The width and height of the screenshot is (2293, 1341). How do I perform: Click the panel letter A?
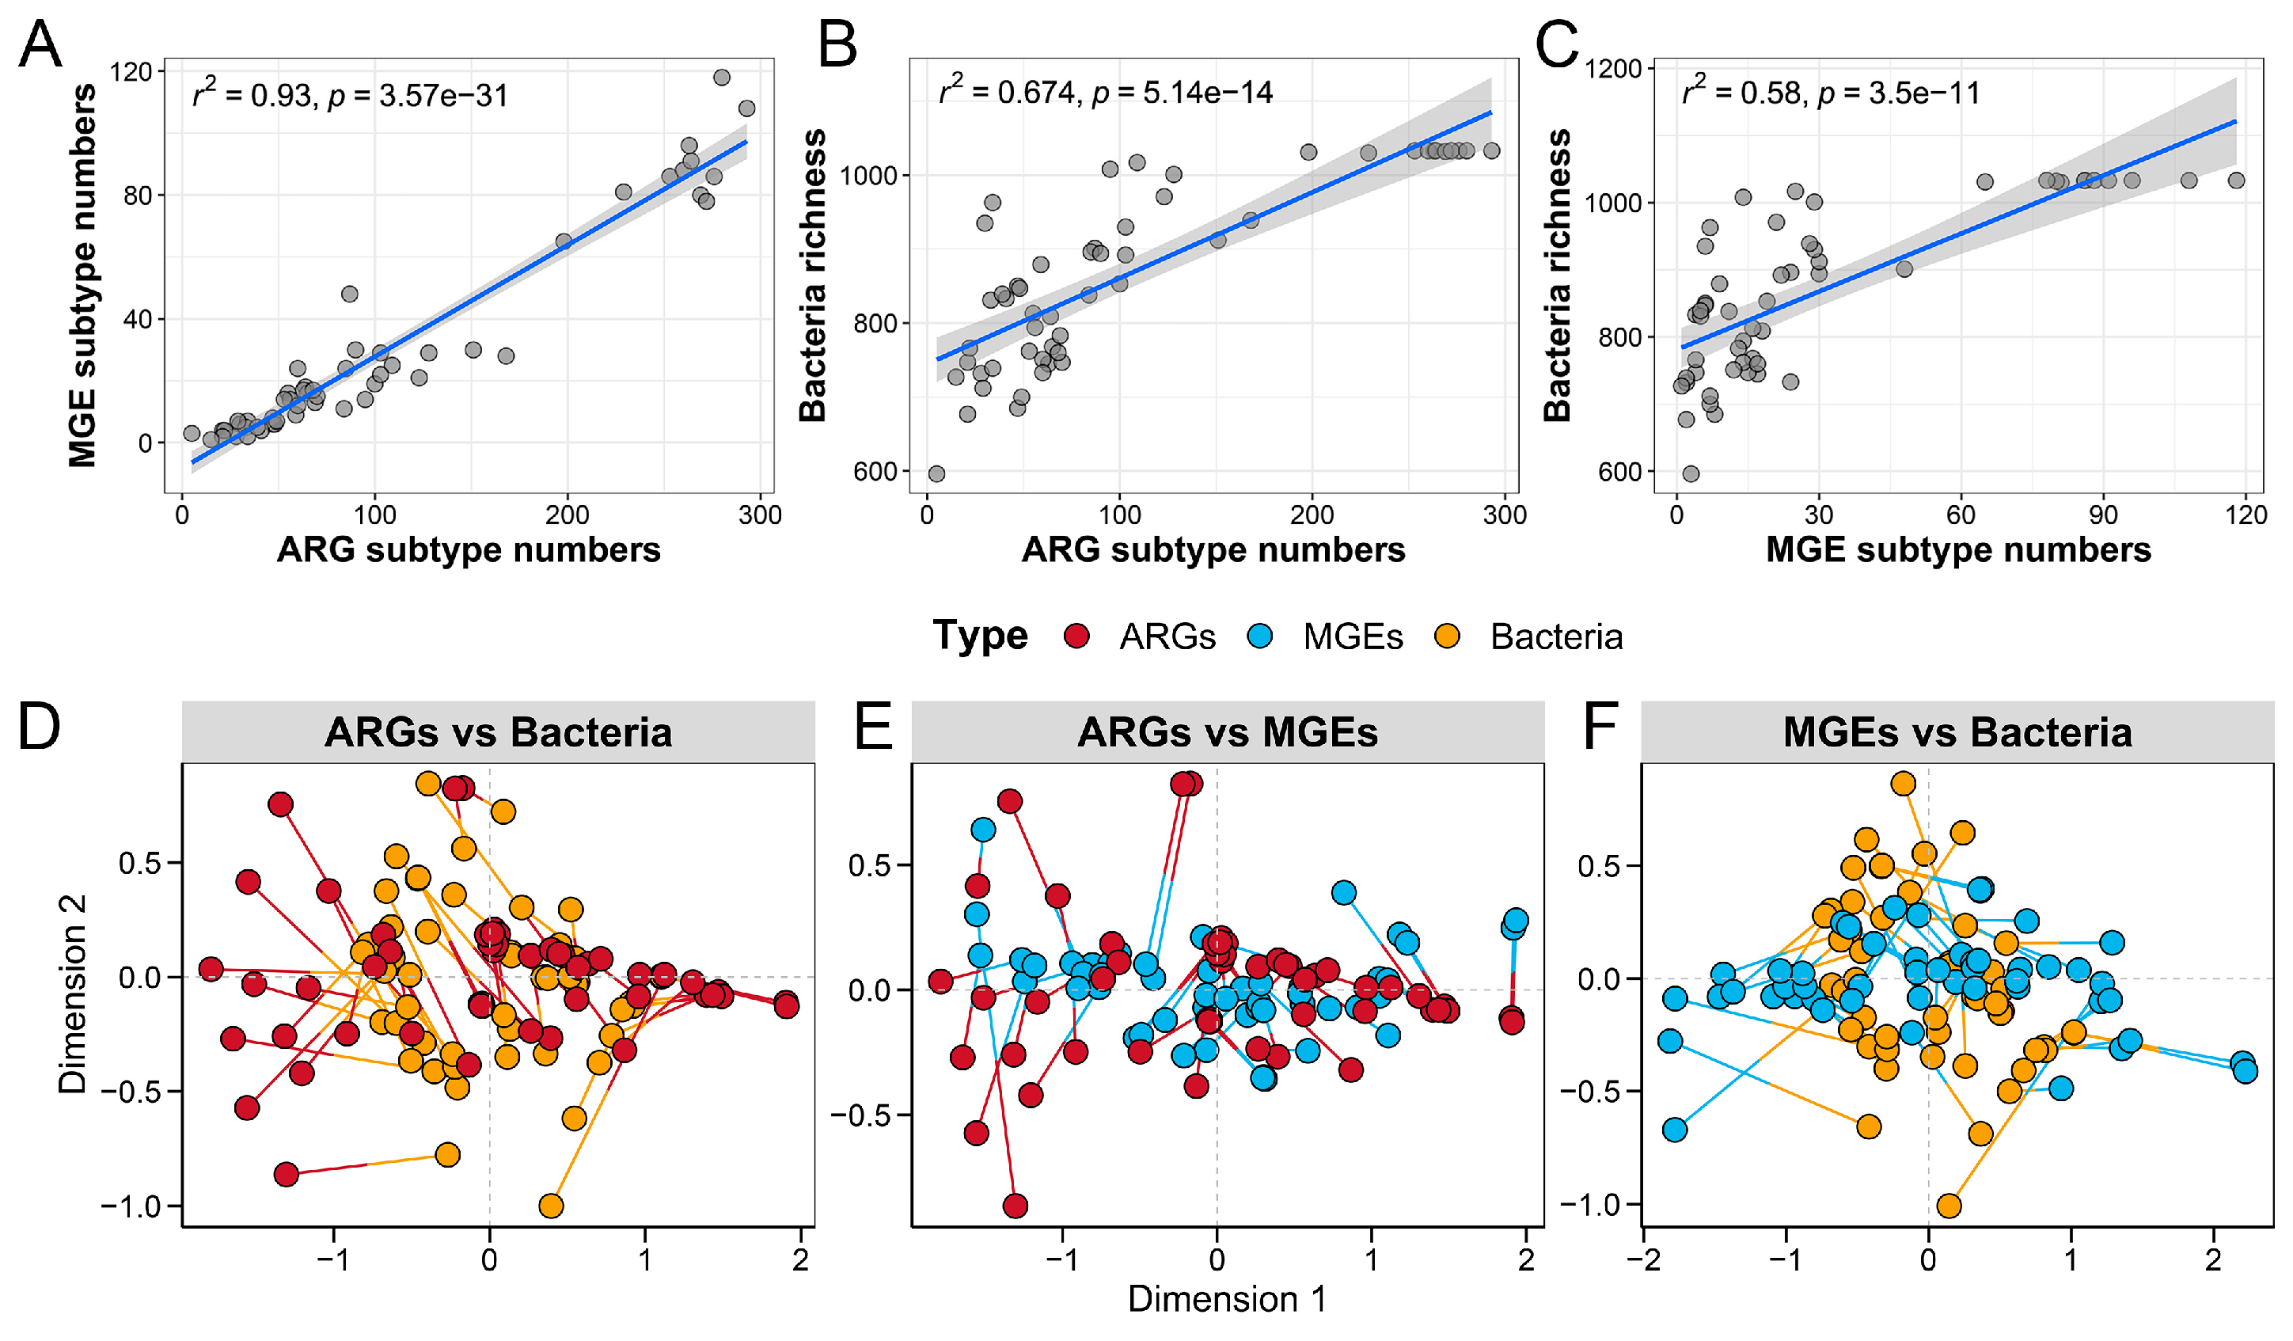pyautogui.click(x=40, y=44)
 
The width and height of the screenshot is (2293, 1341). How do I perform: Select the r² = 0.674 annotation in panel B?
pyautogui.click(x=1106, y=92)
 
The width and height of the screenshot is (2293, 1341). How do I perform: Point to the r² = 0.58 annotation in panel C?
pyautogui.click(x=1831, y=93)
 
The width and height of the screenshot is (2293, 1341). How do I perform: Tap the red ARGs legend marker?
pyautogui.click(x=1077, y=636)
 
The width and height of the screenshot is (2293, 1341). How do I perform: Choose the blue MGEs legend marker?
pyautogui.click(x=1261, y=636)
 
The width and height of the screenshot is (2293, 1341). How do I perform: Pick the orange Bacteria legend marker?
pyautogui.click(x=1447, y=636)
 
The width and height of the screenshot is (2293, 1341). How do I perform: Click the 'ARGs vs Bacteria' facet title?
pyautogui.click(x=498, y=732)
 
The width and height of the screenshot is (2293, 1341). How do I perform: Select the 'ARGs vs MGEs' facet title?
pyautogui.click(x=1228, y=732)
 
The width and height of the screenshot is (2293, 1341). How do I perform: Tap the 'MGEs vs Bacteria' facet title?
pyautogui.click(x=1957, y=732)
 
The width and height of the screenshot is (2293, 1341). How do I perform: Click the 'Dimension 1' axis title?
pyautogui.click(x=1227, y=1299)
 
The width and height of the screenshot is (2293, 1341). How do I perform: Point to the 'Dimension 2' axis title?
pyautogui.click(x=73, y=993)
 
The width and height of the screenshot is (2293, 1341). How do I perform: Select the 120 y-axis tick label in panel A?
pyautogui.click(x=130, y=71)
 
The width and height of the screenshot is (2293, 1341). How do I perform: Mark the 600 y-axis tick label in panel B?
pyautogui.click(x=875, y=471)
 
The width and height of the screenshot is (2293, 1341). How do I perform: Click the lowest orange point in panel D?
pyautogui.click(x=551, y=1206)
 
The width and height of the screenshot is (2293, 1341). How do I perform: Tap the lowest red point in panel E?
pyautogui.click(x=1016, y=1206)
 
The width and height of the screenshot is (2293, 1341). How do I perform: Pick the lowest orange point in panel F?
pyautogui.click(x=1949, y=1206)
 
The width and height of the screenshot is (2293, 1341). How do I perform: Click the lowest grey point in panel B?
pyautogui.click(x=936, y=474)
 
